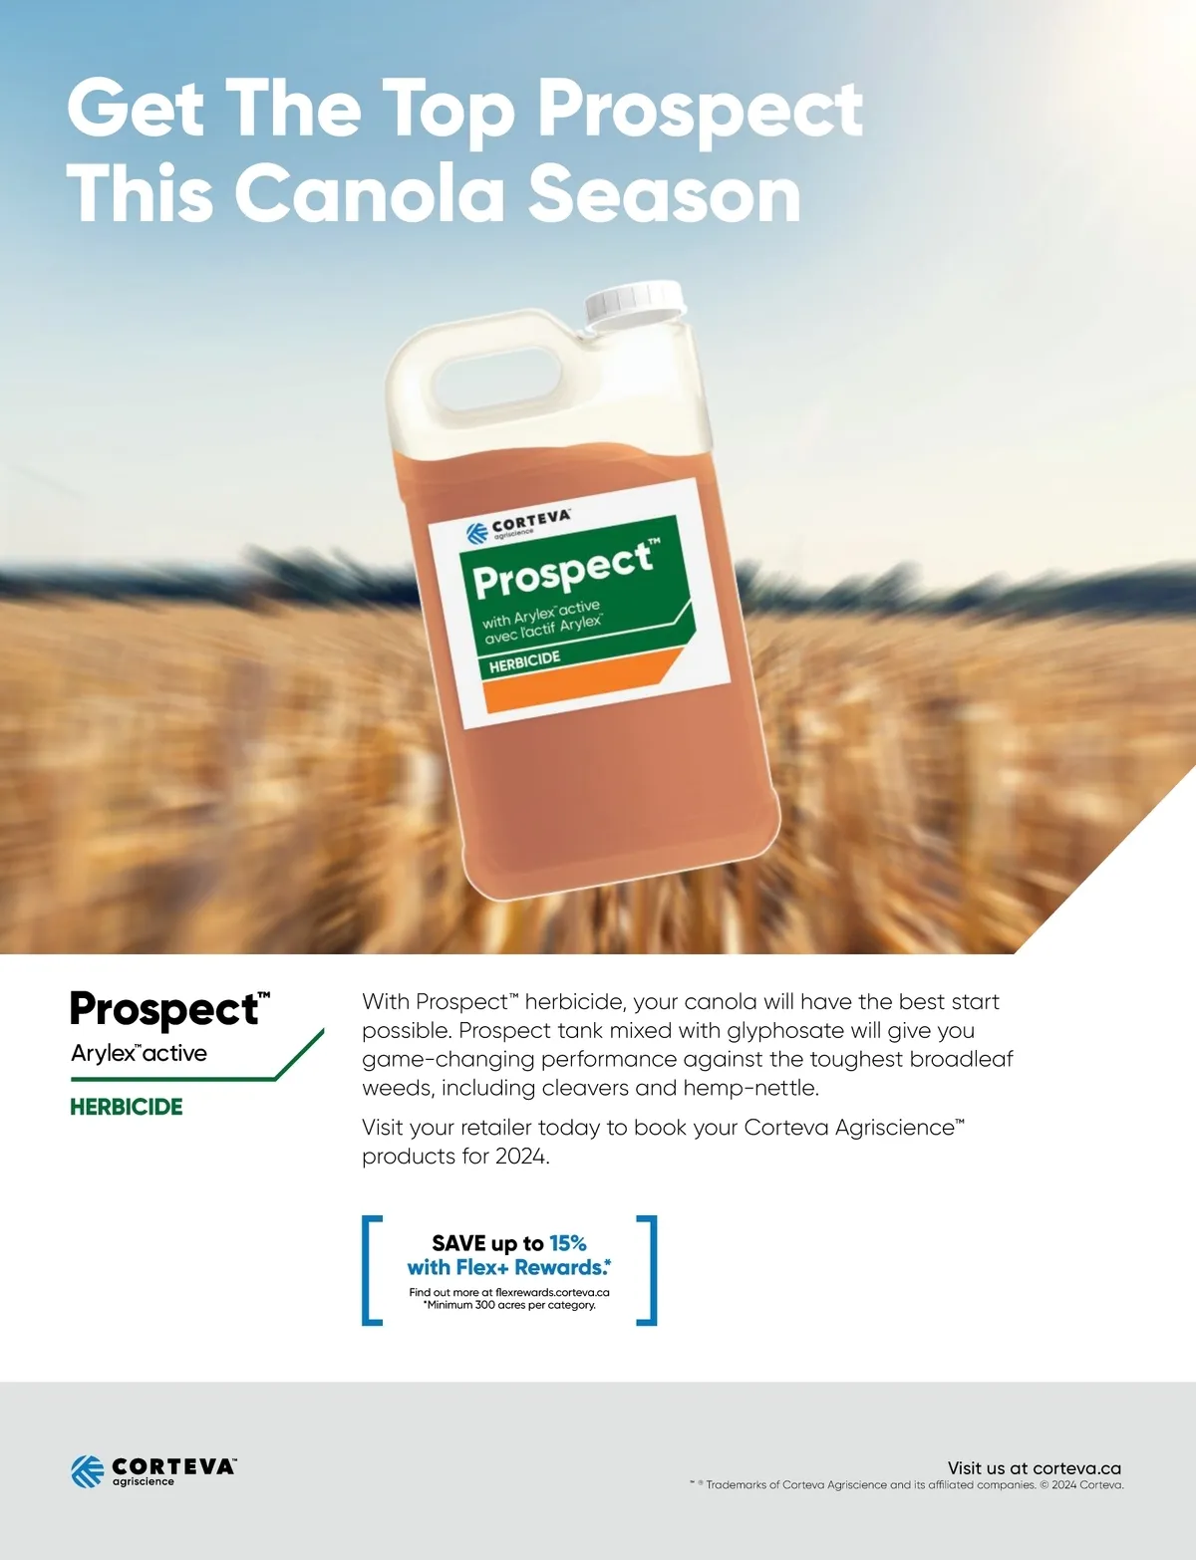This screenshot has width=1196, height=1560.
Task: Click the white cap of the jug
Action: (x=634, y=305)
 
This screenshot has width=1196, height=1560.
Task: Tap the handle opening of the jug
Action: (x=497, y=380)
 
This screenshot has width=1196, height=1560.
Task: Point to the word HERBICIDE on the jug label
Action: (x=524, y=661)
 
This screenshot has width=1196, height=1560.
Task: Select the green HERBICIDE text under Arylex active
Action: (x=127, y=1107)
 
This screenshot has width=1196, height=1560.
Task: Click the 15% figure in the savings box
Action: (x=568, y=1242)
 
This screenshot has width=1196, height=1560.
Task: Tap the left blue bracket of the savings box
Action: (x=369, y=1269)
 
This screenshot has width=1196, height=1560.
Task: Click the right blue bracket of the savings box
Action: (x=649, y=1269)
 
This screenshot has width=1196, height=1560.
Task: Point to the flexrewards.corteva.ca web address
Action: (x=552, y=1292)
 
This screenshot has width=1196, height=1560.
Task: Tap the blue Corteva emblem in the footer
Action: (x=88, y=1471)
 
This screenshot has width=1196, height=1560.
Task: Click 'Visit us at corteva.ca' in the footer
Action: (x=1034, y=1468)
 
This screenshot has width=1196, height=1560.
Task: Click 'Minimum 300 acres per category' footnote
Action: (x=509, y=1305)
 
